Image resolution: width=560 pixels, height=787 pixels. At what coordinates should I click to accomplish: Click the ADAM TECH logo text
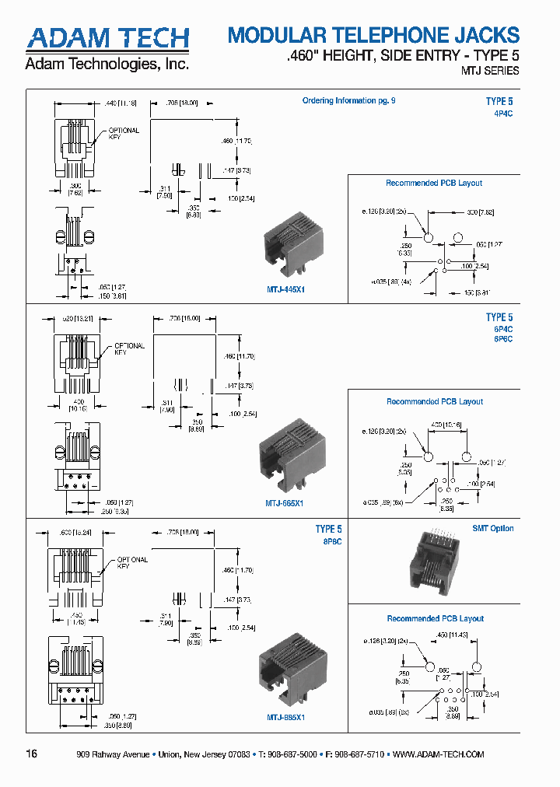107,39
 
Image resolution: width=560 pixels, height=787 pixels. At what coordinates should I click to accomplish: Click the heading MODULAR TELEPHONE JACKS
373,35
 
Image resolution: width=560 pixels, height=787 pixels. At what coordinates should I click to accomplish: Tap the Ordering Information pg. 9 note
348,100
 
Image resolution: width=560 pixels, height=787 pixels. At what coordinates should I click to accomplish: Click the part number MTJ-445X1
286,289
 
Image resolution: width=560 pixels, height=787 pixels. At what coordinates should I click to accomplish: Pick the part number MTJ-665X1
285,503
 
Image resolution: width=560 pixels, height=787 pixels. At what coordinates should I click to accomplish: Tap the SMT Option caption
493,529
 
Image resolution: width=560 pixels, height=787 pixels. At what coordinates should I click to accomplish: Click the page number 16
31,754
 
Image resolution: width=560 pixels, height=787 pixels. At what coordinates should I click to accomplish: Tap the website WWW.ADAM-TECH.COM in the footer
439,754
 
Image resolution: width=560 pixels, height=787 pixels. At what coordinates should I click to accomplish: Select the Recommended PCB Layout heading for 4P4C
434,184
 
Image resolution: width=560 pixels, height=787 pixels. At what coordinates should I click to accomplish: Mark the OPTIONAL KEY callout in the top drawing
124,134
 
